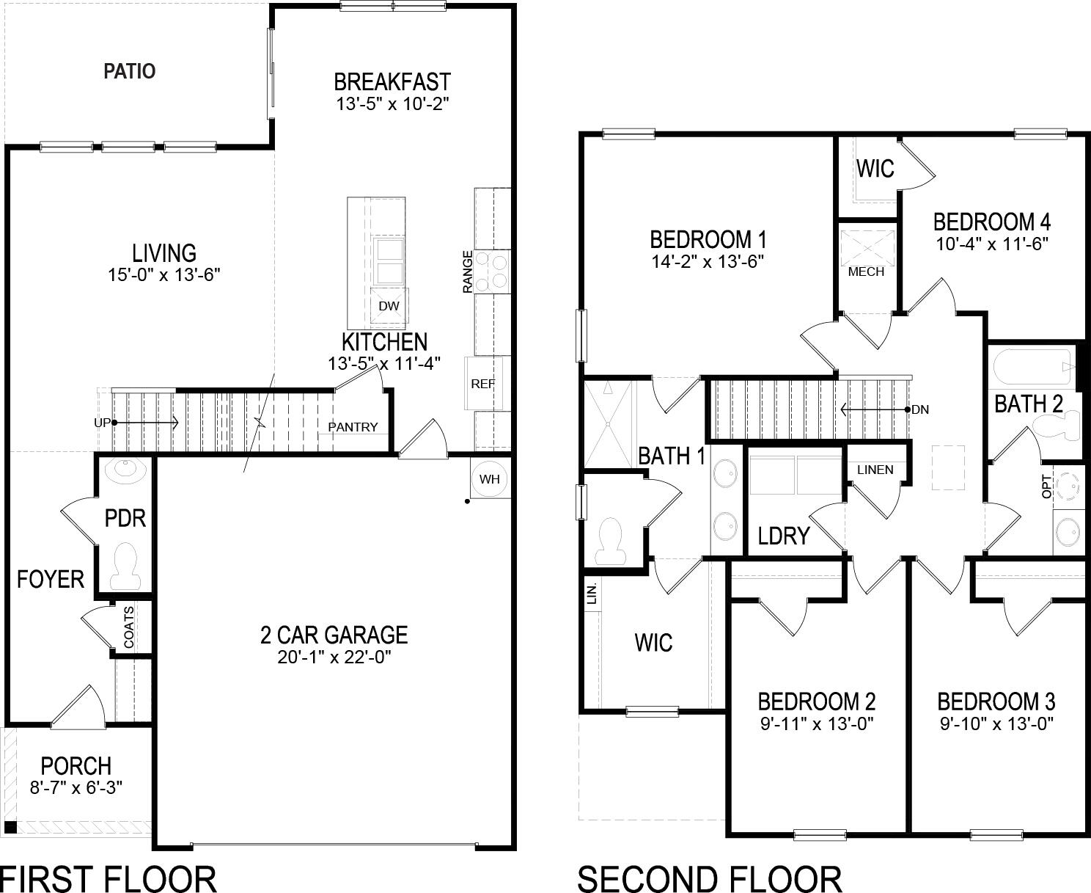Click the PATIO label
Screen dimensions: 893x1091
pos(130,71)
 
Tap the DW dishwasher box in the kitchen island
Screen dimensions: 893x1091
pos(389,305)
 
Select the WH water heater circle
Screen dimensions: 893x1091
pos(489,479)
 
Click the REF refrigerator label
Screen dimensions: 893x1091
pos(482,384)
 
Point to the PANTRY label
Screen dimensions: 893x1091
pos(353,427)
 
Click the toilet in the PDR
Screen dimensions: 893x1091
pos(125,566)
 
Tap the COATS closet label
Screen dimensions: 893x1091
pos(129,627)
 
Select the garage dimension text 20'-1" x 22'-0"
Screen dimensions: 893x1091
pos(334,657)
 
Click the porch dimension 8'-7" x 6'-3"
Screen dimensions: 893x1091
pos(76,788)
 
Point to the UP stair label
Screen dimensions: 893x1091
pos(102,423)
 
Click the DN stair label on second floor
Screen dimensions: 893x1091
pos(921,409)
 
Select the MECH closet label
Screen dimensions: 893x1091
pos(866,271)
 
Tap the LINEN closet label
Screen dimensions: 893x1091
pos(875,470)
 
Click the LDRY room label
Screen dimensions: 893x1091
pos(783,536)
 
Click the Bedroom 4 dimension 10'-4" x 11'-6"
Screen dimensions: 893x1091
pos(992,244)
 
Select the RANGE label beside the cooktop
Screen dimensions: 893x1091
pos(468,271)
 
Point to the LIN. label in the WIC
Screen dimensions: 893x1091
pos(592,593)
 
